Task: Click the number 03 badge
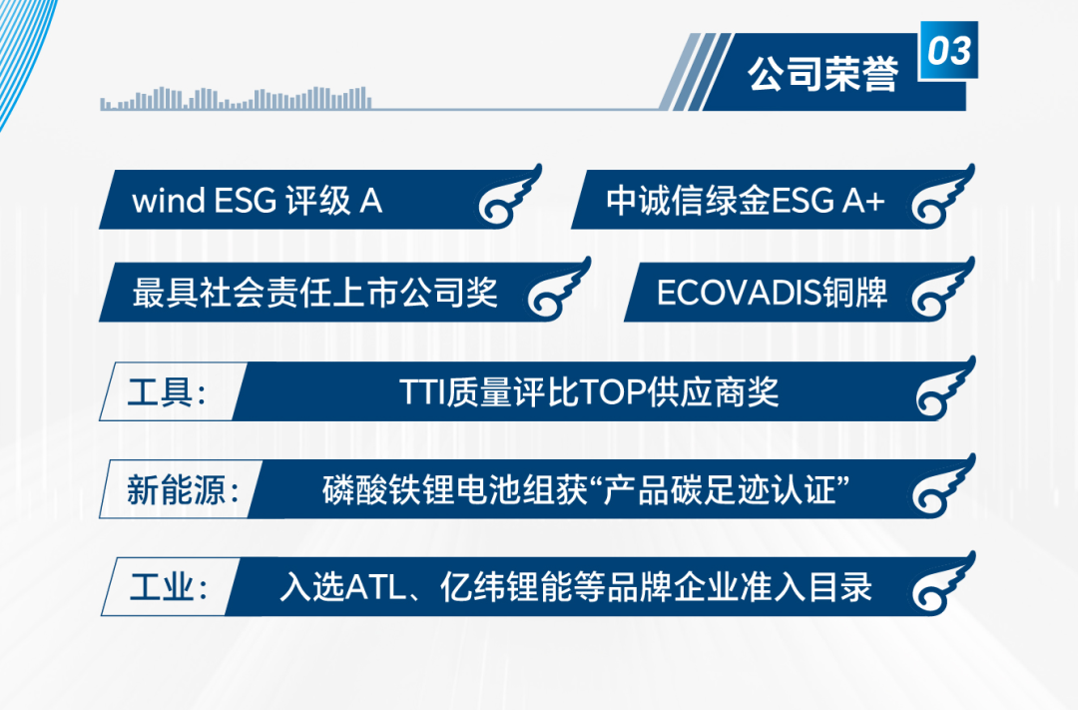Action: [949, 50]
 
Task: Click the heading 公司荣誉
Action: [822, 74]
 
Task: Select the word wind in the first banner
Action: [169, 201]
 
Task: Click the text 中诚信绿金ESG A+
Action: [745, 201]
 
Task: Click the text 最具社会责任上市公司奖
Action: [314, 293]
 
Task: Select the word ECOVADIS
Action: [739, 293]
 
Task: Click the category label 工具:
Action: [167, 392]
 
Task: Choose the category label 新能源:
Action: [183, 490]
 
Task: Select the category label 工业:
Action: [168, 588]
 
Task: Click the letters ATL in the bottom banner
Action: [376, 588]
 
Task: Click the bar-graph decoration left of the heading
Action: [236, 99]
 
